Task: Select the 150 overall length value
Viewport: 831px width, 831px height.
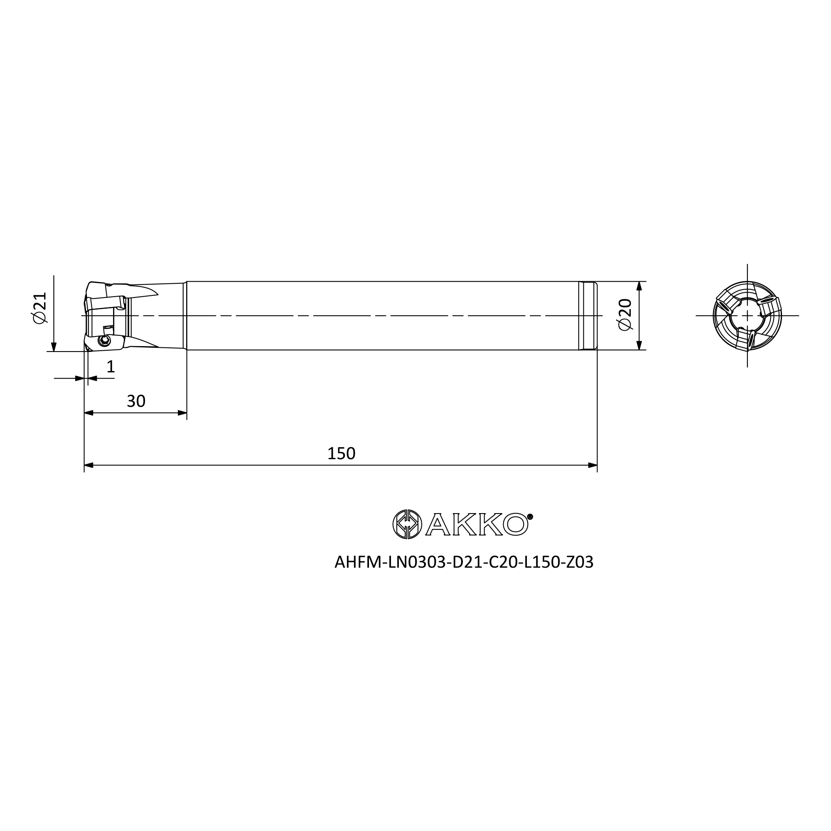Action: (341, 453)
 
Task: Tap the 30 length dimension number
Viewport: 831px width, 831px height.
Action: (136, 401)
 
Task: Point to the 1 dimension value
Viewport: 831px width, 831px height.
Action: (111, 367)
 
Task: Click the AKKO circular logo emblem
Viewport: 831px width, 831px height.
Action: (407, 524)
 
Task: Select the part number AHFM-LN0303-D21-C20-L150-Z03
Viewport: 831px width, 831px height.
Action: (464, 562)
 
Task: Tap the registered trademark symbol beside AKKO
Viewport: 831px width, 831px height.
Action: (530, 517)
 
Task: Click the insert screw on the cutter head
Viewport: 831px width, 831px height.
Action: (103, 341)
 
